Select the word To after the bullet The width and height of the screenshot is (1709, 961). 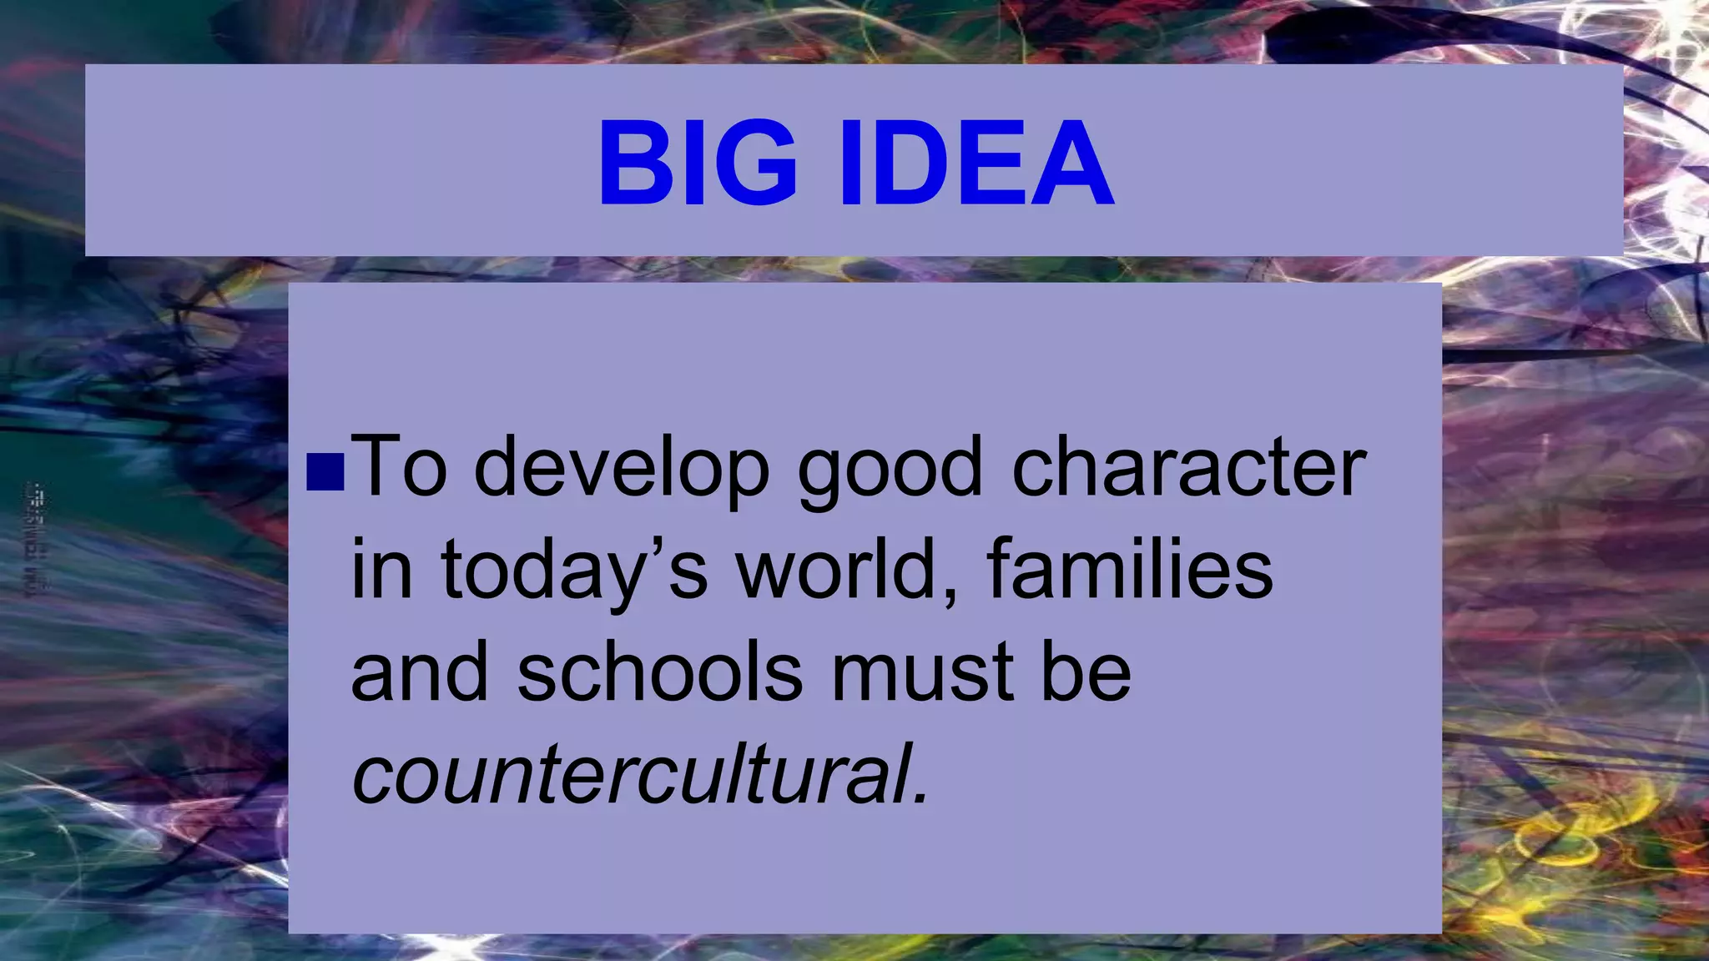point(399,467)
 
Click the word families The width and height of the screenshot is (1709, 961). point(1130,569)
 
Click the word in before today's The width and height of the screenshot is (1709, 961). point(381,569)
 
